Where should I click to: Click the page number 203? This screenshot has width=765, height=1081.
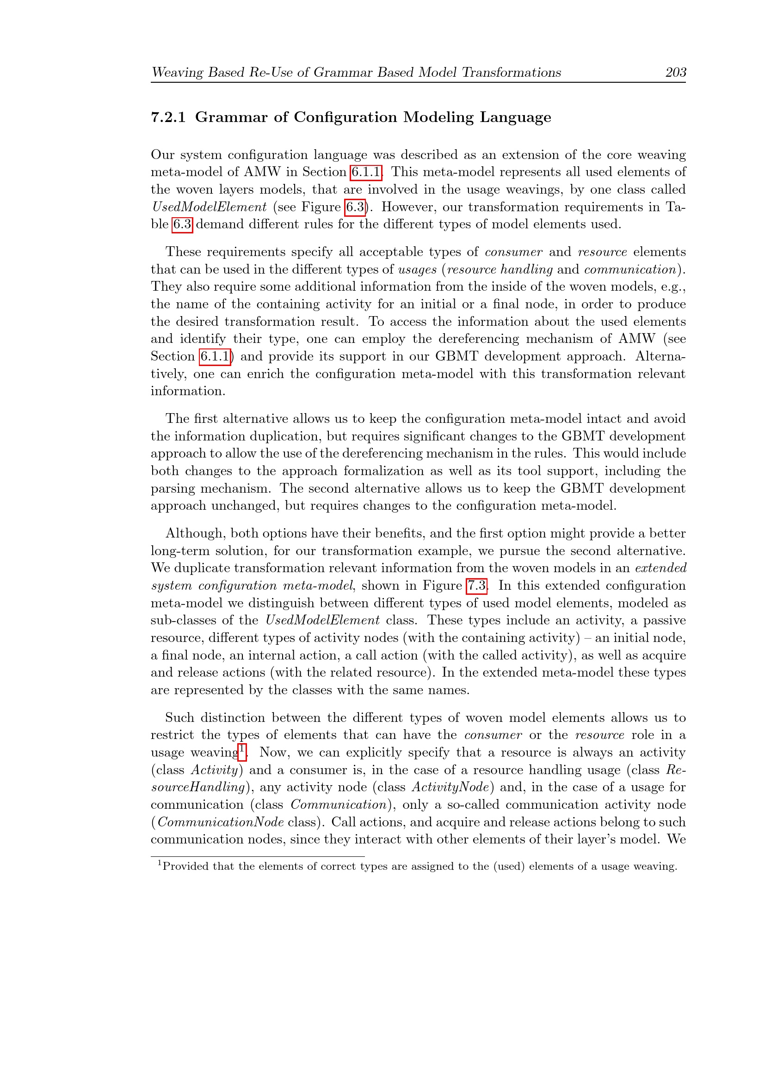(x=675, y=72)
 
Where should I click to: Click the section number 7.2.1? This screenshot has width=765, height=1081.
(x=168, y=117)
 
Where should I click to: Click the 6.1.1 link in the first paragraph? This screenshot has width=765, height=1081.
(x=365, y=172)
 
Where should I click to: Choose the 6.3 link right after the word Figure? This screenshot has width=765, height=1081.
(x=355, y=207)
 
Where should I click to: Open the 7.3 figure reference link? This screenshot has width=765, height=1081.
(x=477, y=586)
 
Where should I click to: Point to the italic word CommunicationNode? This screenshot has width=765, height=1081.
(x=221, y=822)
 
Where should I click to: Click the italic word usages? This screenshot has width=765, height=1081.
(x=417, y=270)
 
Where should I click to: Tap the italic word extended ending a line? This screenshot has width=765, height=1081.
(x=660, y=568)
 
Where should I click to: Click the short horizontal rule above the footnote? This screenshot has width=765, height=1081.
(x=258, y=856)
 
